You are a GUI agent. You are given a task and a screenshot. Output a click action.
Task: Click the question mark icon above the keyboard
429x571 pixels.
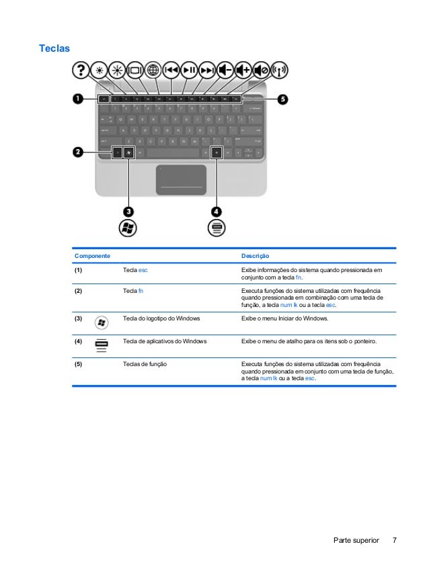(81, 70)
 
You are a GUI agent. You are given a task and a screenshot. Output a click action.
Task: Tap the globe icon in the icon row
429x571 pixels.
(153, 70)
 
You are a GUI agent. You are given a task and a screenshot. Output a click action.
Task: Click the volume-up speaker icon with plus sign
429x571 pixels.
(243, 70)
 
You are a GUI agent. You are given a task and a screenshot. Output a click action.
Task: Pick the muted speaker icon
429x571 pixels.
(262, 70)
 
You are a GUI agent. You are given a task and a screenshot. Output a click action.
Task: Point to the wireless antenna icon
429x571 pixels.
(280, 70)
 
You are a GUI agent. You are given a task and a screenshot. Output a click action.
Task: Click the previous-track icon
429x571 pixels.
(171, 70)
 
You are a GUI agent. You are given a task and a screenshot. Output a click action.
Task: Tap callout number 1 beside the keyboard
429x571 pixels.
(78, 99)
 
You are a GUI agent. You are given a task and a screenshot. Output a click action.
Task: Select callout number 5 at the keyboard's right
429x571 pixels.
(283, 99)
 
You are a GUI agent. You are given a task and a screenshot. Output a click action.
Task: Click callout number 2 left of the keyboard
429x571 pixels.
(78, 152)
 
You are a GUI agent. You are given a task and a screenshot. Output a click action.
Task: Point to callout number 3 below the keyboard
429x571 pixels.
(127, 211)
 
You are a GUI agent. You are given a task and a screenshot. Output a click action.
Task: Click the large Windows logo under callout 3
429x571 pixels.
(127, 228)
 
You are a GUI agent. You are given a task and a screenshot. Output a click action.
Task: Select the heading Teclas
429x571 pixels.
(54, 49)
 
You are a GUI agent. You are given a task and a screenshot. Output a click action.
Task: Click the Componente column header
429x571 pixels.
(92, 256)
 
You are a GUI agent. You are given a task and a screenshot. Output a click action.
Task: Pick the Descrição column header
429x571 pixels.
(255, 256)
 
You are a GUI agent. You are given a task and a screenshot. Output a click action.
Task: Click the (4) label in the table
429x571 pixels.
(79, 341)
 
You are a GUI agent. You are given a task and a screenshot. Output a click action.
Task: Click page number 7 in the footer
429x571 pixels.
(394, 540)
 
